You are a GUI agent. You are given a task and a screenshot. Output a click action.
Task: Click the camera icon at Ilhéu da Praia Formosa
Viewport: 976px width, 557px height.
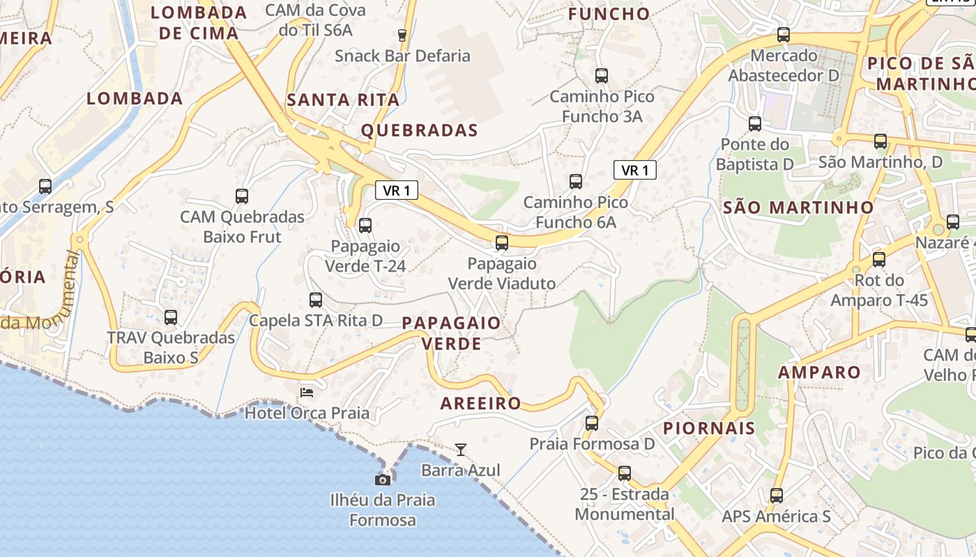(382, 480)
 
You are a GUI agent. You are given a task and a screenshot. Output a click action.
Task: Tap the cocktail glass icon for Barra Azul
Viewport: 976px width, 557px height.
(460, 449)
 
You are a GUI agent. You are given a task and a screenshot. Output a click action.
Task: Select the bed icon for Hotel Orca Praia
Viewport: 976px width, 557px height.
(306, 393)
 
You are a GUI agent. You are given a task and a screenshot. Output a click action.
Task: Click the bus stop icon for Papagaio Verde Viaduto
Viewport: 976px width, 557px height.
(501, 243)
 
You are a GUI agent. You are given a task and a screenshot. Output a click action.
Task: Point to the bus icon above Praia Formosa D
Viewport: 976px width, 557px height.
(592, 423)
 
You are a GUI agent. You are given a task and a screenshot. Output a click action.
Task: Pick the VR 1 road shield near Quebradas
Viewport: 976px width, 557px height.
(397, 190)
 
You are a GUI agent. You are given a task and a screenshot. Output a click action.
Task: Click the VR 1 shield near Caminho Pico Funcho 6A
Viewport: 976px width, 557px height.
(635, 170)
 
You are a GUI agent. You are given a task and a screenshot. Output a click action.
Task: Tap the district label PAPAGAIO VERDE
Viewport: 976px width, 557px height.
(451, 333)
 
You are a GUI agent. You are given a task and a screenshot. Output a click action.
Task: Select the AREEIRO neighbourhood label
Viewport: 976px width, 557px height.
(481, 403)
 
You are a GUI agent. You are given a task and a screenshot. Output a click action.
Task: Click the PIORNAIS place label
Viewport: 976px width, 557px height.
(709, 427)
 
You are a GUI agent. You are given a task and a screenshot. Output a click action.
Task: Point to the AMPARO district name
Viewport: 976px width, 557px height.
(819, 372)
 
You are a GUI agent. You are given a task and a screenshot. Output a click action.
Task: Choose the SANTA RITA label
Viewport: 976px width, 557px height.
(343, 100)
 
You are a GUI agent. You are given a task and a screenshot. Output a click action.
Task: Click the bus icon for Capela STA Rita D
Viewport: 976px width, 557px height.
(316, 300)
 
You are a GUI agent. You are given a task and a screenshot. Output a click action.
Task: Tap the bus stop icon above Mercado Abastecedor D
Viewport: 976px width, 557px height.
(784, 35)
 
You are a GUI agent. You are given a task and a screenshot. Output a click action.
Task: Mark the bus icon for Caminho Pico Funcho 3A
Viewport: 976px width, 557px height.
(602, 76)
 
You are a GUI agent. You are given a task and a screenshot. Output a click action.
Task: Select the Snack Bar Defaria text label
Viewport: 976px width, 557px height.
(402, 56)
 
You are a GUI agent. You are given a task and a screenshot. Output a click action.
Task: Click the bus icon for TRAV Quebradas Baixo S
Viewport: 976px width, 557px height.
(171, 317)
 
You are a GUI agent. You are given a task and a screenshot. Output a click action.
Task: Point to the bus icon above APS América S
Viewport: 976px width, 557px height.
(777, 496)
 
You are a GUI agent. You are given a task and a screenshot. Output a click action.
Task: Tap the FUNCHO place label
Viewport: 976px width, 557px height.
(609, 14)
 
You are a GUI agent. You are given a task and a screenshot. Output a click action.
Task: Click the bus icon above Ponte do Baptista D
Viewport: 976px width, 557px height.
(755, 124)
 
